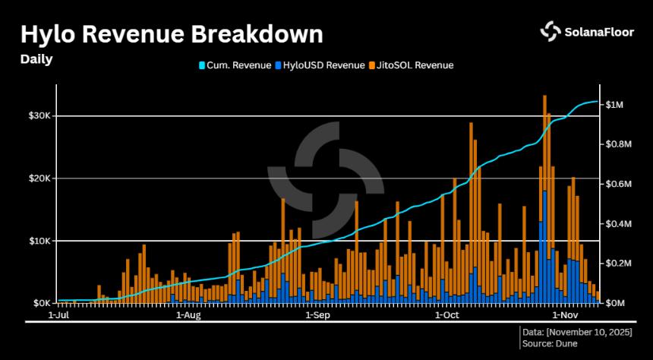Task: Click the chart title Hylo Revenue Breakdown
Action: click(171, 34)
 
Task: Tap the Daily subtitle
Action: click(36, 59)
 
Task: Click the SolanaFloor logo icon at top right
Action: click(550, 30)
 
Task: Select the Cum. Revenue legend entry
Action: click(235, 65)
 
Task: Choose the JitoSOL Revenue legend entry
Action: click(411, 65)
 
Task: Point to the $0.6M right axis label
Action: click(618, 184)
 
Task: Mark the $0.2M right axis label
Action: click(618, 264)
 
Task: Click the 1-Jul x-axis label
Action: click(60, 314)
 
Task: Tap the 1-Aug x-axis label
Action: click(188, 314)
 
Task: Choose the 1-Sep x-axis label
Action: click(317, 314)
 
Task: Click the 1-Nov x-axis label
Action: click(566, 314)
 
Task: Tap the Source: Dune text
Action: click(550, 343)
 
